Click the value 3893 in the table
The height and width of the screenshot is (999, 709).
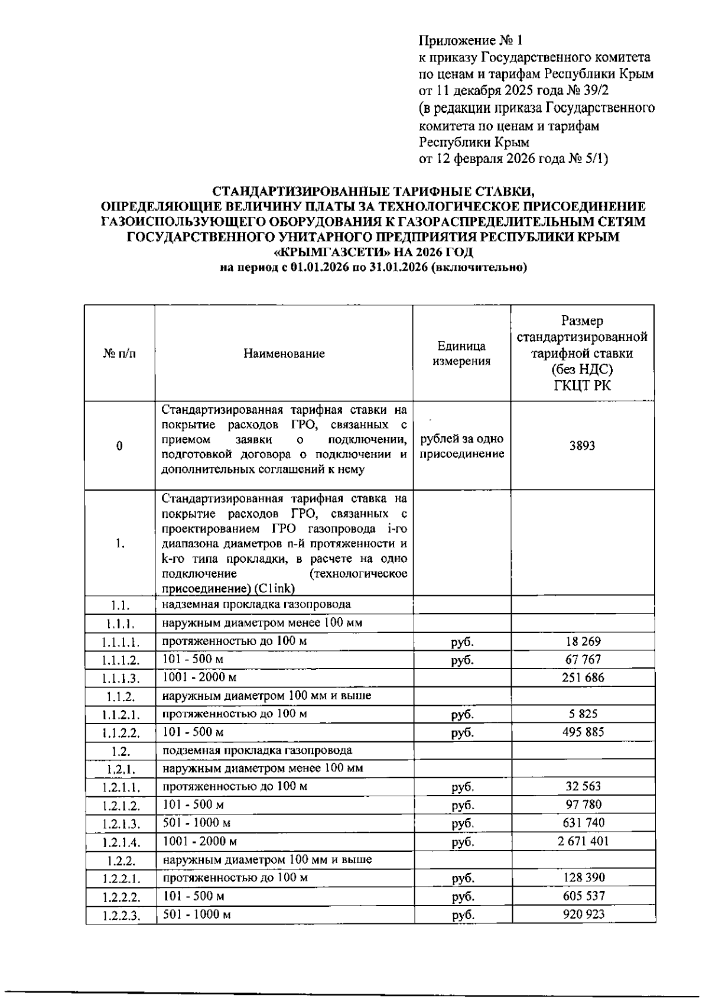582,446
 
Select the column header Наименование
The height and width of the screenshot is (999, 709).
284,353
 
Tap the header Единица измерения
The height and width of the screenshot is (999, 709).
461,353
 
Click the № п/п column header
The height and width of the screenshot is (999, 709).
119,353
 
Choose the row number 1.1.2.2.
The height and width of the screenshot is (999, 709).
121,733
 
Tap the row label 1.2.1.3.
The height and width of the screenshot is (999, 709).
121,824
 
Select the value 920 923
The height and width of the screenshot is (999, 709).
583,914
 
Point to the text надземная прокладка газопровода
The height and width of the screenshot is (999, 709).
256,604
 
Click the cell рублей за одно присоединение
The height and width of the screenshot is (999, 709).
461,446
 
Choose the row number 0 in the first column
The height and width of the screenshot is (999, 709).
120,446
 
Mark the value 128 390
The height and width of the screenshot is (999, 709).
583,878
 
